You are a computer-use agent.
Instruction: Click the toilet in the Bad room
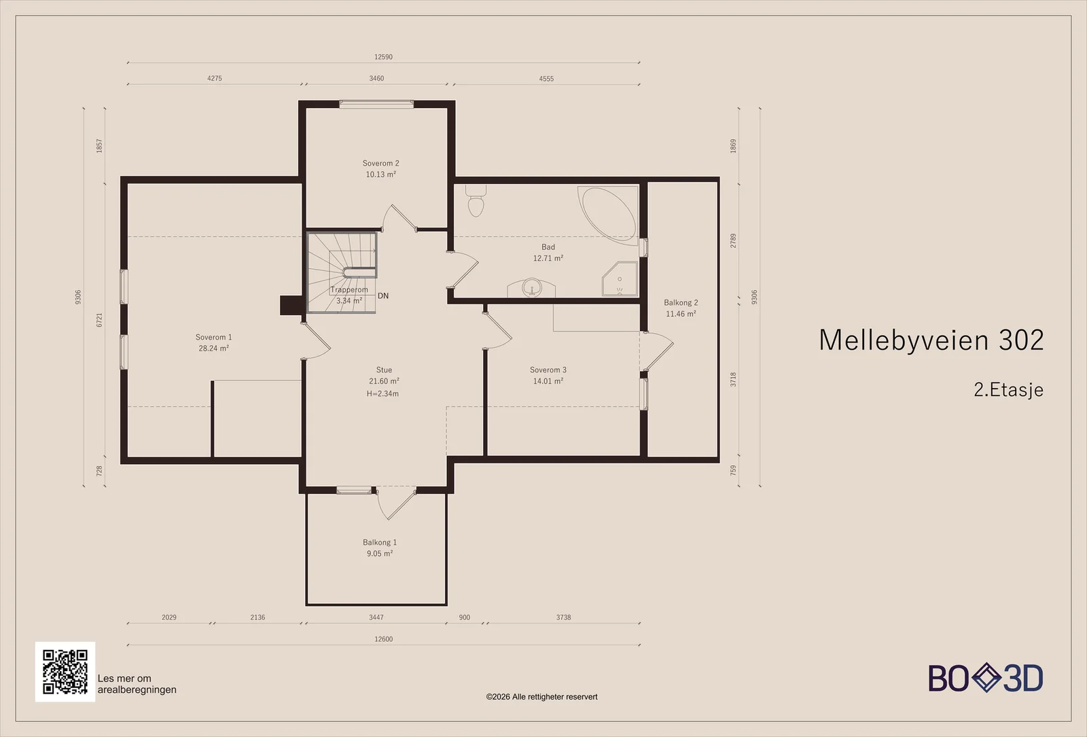click(476, 200)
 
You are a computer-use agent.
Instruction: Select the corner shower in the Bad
click(620, 278)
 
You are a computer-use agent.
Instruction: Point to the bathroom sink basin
click(532, 287)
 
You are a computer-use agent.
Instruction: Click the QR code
click(65, 672)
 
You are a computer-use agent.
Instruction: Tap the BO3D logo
click(986, 678)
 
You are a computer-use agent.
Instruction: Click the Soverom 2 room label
click(381, 164)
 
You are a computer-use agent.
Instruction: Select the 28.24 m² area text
click(213, 348)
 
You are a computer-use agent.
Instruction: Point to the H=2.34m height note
click(383, 393)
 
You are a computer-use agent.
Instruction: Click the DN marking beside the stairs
click(383, 295)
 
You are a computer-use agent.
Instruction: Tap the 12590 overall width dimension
click(383, 57)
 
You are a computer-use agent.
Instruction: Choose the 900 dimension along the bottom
click(465, 617)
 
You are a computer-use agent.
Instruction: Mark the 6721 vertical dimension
click(99, 320)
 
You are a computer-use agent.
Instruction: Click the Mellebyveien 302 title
click(931, 340)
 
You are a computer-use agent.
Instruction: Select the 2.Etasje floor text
click(1008, 390)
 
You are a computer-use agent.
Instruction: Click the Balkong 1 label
click(380, 542)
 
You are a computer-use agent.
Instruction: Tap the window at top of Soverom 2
click(376, 104)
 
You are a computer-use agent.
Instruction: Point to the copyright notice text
click(541, 697)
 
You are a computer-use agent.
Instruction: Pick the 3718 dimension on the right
click(733, 380)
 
